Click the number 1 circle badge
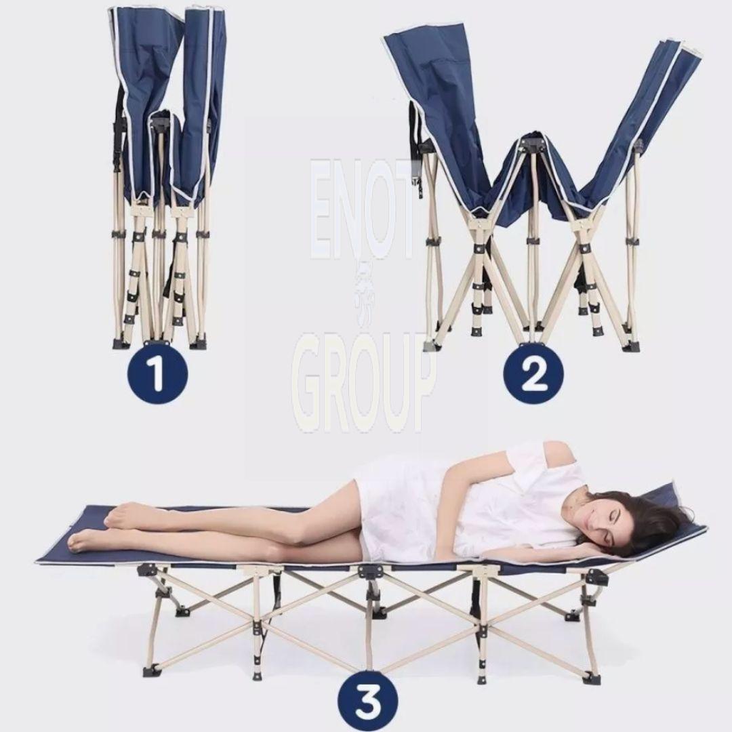click(x=157, y=373)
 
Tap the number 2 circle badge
click(x=533, y=373)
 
